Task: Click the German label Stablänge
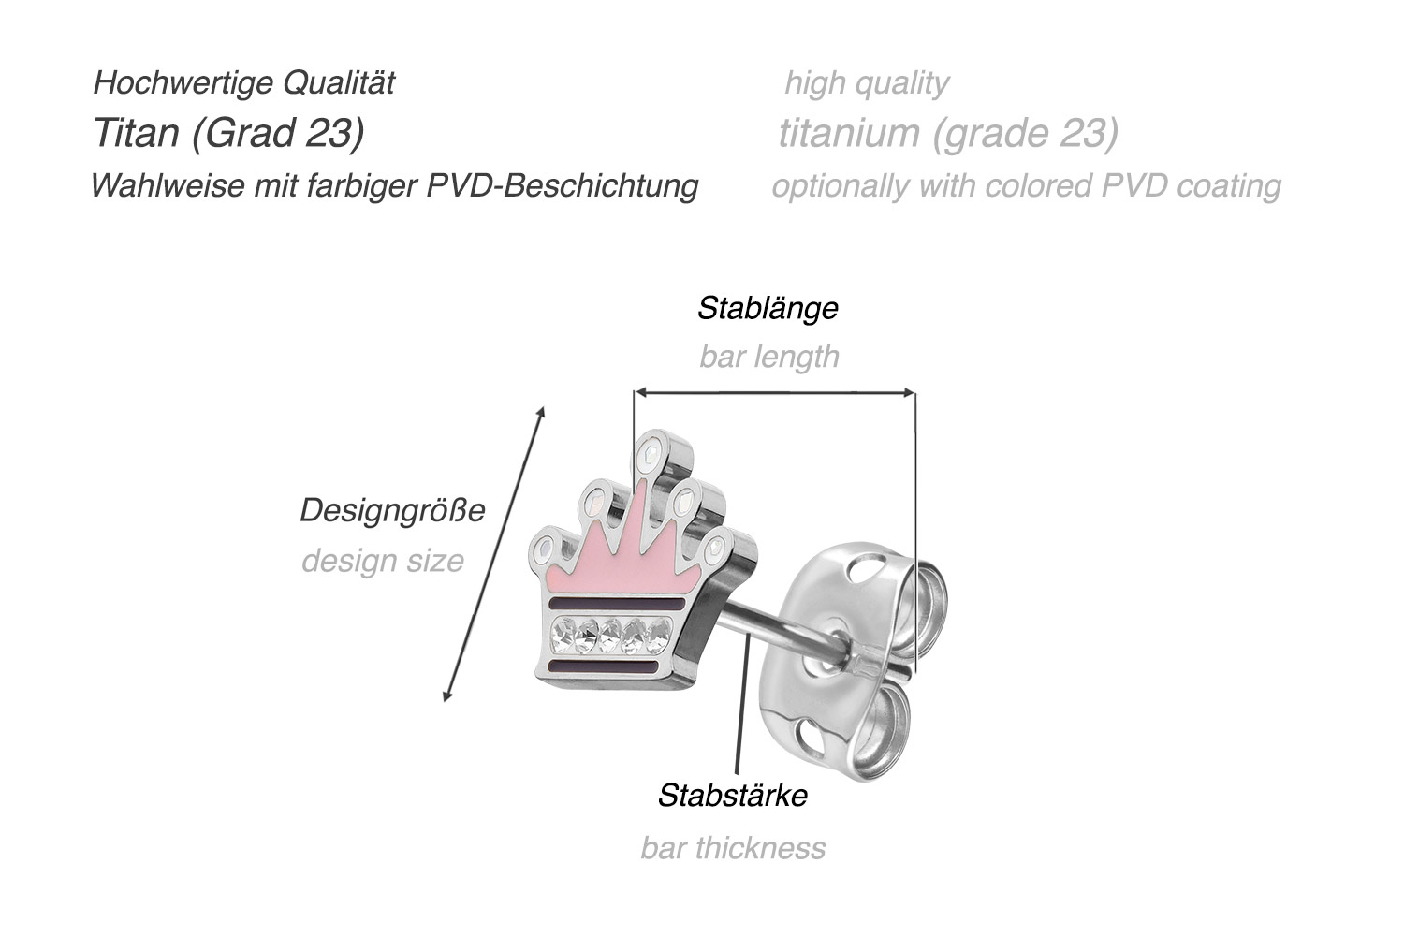pyautogui.click(x=768, y=308)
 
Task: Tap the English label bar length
pyautogui.click(x=769, y=357)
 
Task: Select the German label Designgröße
pyautogui.click(x=392, y=510)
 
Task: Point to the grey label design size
pyautogui.click(x=383, y=561)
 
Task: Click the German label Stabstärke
pyautogui.click(x=732, y=796)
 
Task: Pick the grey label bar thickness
pyautogui.click(x=733, y=848)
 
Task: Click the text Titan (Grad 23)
pyautogui.click(x=228, y=133)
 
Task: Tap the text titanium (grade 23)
pyautogui.click(x=948, y=133)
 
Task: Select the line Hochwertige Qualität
pyautogui.click(x=243, y=82)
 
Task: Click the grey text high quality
pyautogui.click(x=866, y=82)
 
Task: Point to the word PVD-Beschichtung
pyautogui.click(x=563, y=185)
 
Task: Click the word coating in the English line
pyautogui.click(x=1228, y=185)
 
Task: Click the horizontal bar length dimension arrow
pyautogui.click(x=774, y=393)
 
